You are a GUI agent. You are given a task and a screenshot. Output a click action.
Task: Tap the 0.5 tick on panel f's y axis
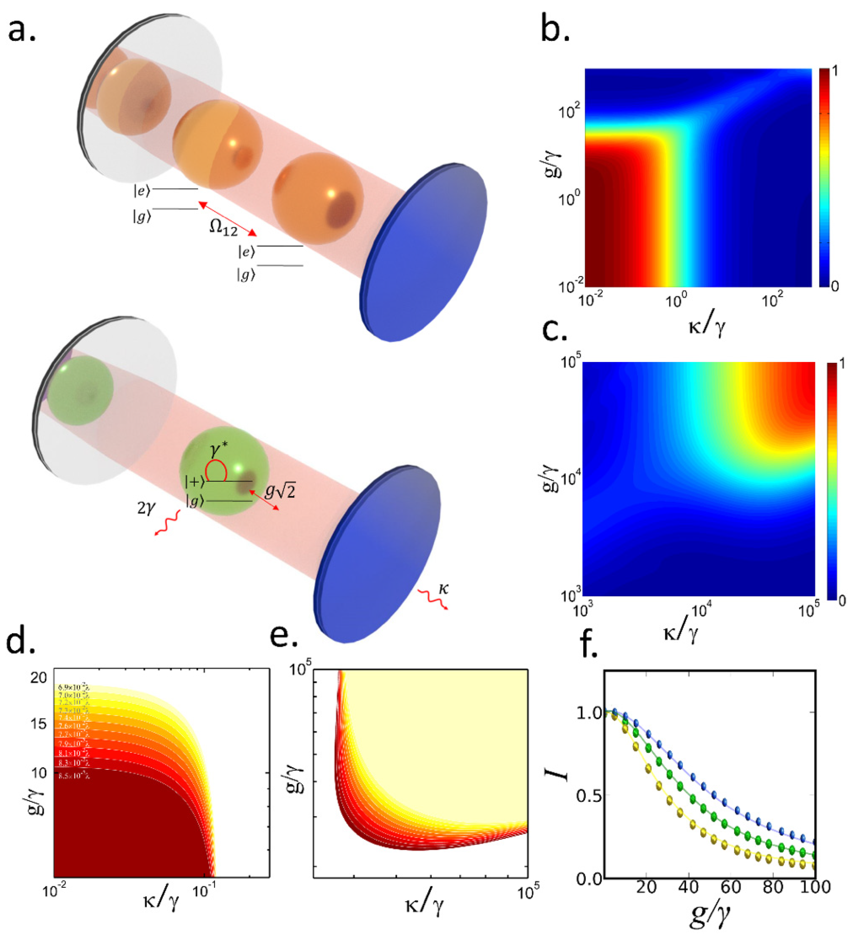tap(587, 795)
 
